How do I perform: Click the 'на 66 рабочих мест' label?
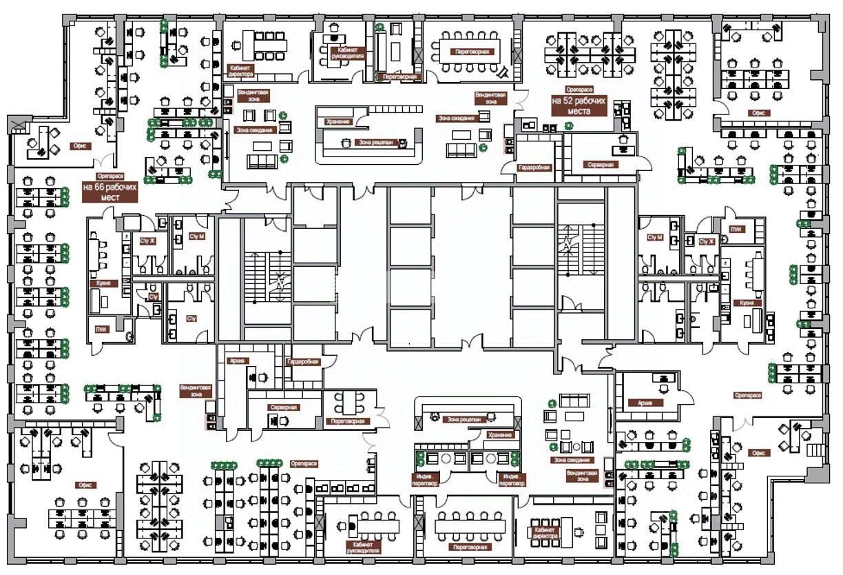point(110,192)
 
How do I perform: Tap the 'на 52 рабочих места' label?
point(579,105)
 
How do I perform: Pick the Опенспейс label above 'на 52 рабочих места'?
point(579,90)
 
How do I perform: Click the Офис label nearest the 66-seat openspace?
point(77,146)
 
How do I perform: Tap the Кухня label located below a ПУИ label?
point(747,303)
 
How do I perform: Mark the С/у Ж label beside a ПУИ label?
point(707,241)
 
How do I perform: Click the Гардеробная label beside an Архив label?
point(302,362)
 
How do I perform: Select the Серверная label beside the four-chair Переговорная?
point(283,407)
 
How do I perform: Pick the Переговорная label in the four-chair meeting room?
point(348,421)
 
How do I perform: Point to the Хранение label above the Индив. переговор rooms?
point(500,435)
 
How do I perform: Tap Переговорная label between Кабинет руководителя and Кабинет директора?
point(471,547)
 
